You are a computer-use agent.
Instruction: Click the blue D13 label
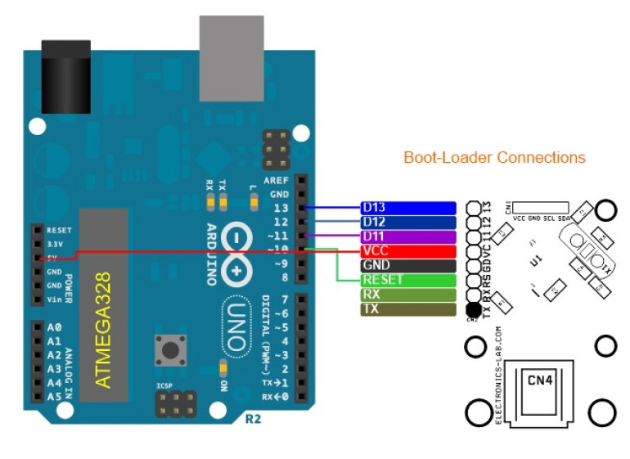click(407, 208)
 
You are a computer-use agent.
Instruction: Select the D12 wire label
click(407, 223)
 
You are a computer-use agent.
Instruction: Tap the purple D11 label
click(407, 236)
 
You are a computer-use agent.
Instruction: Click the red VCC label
click(407, 251)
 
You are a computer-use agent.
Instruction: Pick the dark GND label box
click(407, 266)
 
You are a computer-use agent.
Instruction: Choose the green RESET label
click(407, 280)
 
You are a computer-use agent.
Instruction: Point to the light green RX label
click(407, 295)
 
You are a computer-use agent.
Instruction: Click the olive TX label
click(407, 309)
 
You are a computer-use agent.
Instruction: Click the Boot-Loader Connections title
click(494, 157)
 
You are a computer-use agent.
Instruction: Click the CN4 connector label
click(539, 380)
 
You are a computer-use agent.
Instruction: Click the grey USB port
click(231, 47)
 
